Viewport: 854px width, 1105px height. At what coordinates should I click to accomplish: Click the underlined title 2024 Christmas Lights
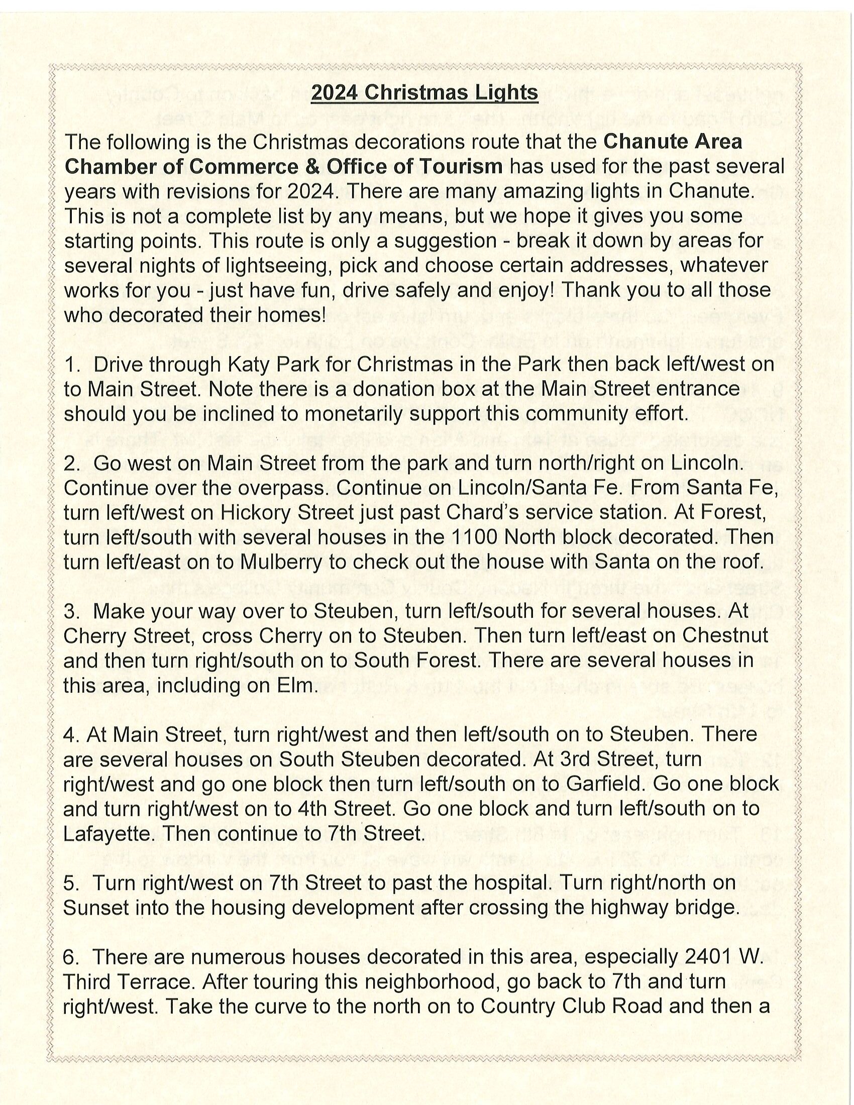(424, 93)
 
